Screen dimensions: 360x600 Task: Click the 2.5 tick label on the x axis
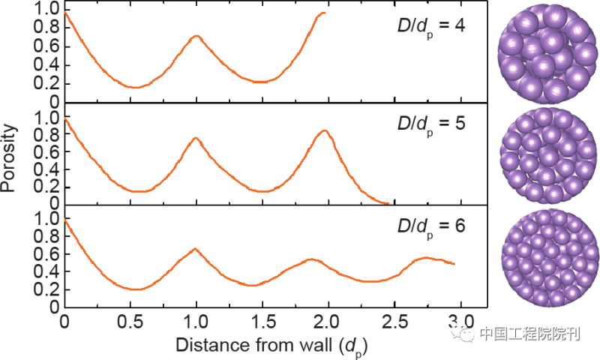pyautogui.click(x=394, y=322)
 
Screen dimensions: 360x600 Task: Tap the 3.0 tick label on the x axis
pyautogui.click(x=460, y=322)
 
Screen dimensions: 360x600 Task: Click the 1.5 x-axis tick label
pyautogui.click(x=262, y=322)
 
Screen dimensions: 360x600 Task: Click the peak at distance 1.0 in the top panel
pyautogui.click(x=196, y=36)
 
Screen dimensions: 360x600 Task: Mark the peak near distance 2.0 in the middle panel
pyautogui.click(x=324, y=131)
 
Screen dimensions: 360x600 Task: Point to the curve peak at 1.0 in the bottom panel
pyautogui.click(x=196, y=249)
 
